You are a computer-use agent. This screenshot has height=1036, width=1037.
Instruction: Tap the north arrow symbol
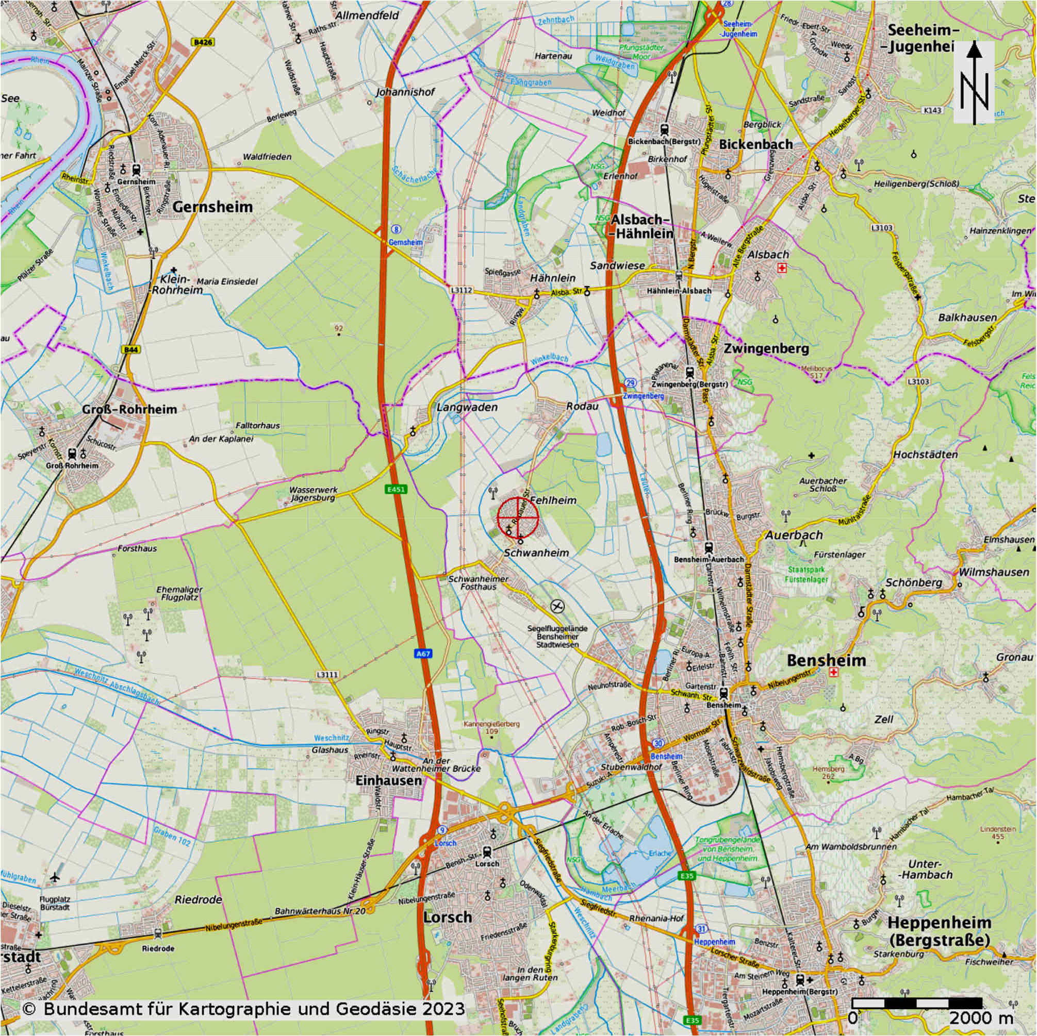(974, 83)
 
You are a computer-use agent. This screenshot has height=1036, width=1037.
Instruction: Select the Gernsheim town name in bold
(212, 207)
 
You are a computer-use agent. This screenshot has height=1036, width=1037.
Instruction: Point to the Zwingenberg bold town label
(766, 348)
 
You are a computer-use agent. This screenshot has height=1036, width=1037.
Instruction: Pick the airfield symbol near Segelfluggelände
(557, 606)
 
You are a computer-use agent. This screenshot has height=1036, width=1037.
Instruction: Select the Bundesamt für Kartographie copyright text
(244, 1009)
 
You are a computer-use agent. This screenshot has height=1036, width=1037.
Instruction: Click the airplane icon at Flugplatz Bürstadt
(55, 877)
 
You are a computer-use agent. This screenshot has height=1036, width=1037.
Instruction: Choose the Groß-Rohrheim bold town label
(129, 410)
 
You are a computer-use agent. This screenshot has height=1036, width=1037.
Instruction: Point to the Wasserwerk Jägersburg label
(312, 494)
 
